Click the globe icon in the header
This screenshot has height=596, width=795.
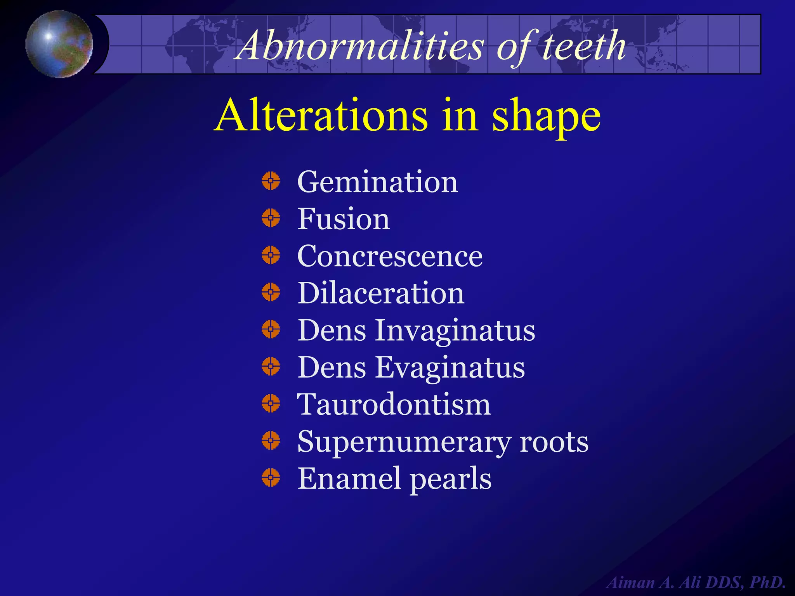59,44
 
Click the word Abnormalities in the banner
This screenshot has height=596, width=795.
361,46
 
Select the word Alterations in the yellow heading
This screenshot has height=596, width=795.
321,116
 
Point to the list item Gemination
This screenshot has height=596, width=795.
377,182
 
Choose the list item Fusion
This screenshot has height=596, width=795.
344,219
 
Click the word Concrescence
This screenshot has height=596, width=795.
390,256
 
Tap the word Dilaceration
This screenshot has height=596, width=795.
381,293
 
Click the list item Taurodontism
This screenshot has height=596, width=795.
394,404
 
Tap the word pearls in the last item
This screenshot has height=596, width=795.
450,479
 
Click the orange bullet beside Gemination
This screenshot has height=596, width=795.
271,181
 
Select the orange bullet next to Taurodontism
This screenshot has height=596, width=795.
271,403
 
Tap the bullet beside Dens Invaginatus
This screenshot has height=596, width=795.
271,329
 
